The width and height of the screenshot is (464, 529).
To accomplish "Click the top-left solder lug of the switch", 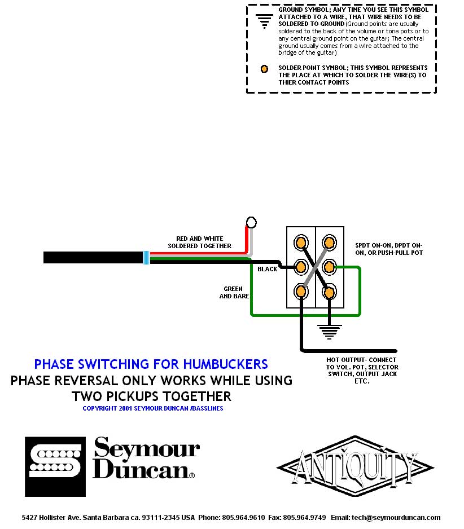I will (301, 242).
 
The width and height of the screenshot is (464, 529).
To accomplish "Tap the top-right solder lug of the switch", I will (329, 242).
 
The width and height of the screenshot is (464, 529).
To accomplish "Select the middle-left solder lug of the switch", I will (301, 267).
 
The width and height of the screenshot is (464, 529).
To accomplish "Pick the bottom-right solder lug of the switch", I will (329, 292).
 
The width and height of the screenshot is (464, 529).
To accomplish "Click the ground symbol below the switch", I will (329, 331).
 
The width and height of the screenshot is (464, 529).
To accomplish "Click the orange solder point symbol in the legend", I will (264, 69).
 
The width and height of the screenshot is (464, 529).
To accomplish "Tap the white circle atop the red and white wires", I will (252, 222).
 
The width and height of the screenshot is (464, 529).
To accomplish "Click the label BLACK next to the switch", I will (267, 269).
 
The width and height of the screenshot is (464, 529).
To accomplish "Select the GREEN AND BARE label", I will (234, 292).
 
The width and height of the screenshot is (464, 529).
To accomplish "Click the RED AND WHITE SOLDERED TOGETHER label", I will (199, 242).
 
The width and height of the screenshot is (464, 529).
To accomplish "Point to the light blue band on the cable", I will (146, 258).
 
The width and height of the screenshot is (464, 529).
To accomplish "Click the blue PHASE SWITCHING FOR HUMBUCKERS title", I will (151, 364).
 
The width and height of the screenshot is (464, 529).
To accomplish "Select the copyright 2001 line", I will (152, 408).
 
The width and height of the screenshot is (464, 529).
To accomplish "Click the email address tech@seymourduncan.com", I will (393, 517).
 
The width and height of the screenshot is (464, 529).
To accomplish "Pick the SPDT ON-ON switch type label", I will (388, 249).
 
